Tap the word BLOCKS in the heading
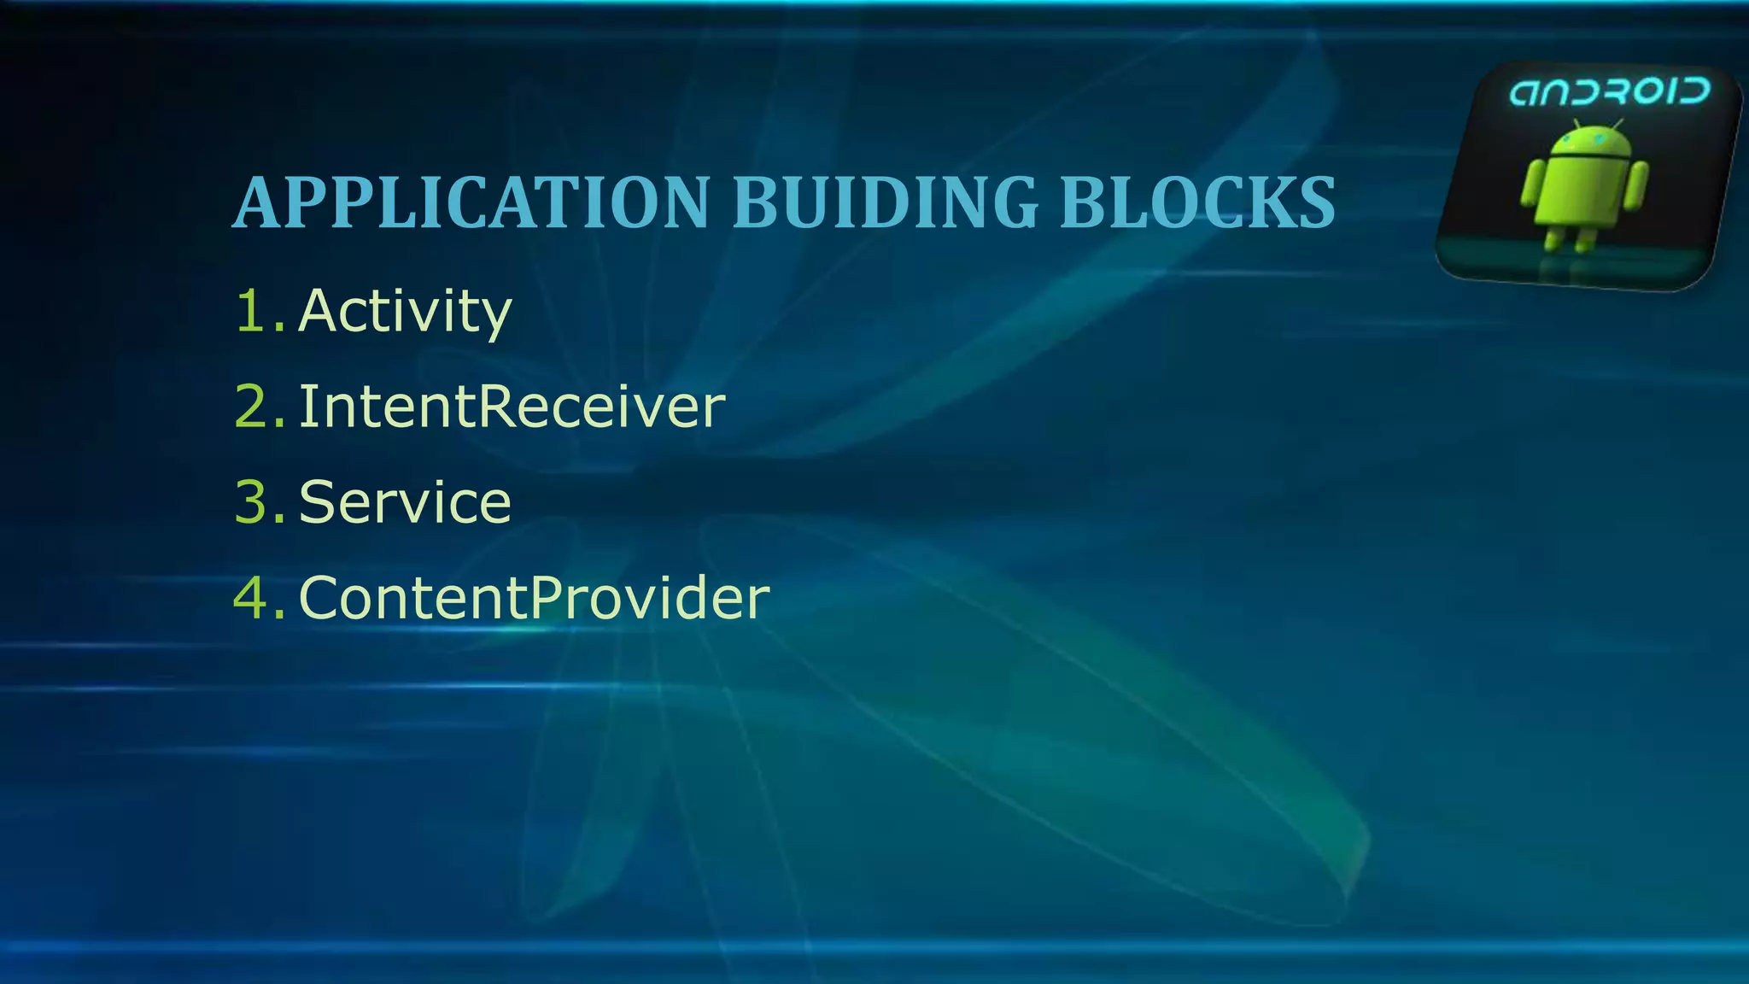[x=1197, y=202]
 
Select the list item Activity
[x=405, y=311]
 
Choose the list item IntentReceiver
[x=512, y=407]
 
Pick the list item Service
[x=405, y=502]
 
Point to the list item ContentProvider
[x=534, y=598]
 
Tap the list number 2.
[x=254, y=407]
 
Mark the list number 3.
[x=254, y=502]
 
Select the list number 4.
[x=254, y=598]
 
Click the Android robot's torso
[x=1584, y=192]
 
